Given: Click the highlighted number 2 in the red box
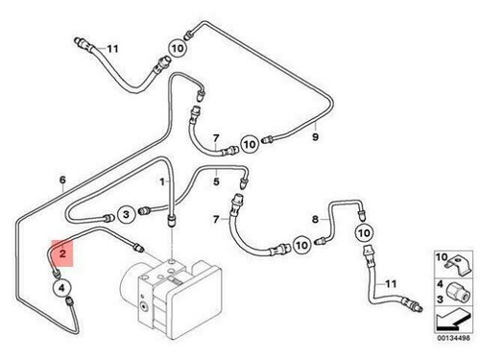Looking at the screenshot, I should coord(63,253).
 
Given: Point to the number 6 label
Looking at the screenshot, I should coord(63,180).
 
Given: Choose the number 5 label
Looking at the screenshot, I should coord(217,180).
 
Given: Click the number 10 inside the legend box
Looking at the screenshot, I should coord(428,257).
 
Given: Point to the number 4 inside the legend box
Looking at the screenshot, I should coord(430,284).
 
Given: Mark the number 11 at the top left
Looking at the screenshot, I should coord(112,48).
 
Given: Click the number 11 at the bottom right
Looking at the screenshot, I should coord(390,283).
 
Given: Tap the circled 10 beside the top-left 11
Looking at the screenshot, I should coord(179,46).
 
